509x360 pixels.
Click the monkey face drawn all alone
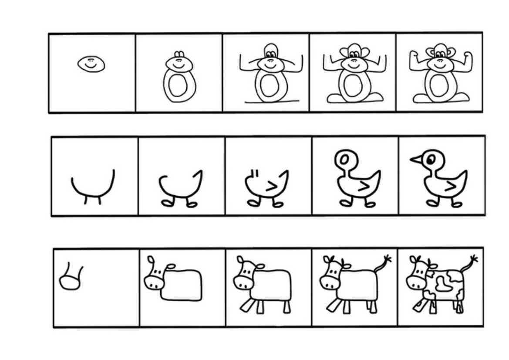pos(91,64)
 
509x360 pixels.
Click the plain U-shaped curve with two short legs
pos(93,185)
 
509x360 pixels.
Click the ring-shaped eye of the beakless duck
pos(344,160)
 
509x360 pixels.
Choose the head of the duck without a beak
pos(345,160)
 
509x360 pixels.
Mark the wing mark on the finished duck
pos(452,186)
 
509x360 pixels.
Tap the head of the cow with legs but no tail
pos(246,275)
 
